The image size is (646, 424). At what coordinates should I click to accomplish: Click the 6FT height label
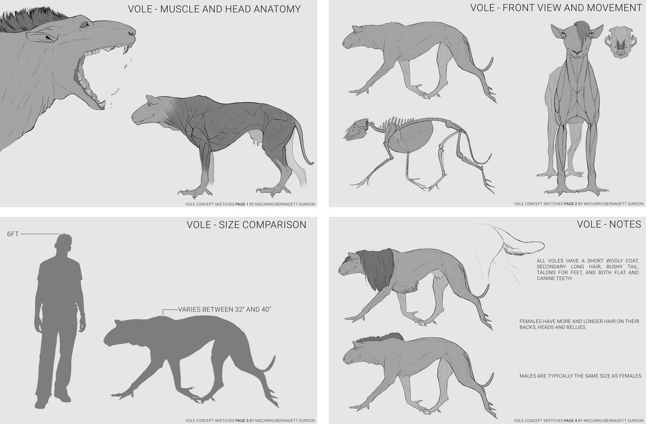[13, 234]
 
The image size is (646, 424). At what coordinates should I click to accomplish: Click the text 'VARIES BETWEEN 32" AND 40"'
[224, 309]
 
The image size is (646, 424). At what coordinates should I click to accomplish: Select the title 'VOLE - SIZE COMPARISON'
[247, 224]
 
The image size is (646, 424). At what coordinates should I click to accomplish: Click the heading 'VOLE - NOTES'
[609, 224]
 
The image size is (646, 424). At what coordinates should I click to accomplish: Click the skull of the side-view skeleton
[357, 129]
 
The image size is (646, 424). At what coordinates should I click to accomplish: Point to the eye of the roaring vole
[84, 25]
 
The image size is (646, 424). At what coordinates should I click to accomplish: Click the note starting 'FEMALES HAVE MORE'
[579, 324]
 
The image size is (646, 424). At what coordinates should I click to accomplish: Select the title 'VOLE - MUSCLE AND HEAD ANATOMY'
[214, 9]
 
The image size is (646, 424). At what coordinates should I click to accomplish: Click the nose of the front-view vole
[577, 53]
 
